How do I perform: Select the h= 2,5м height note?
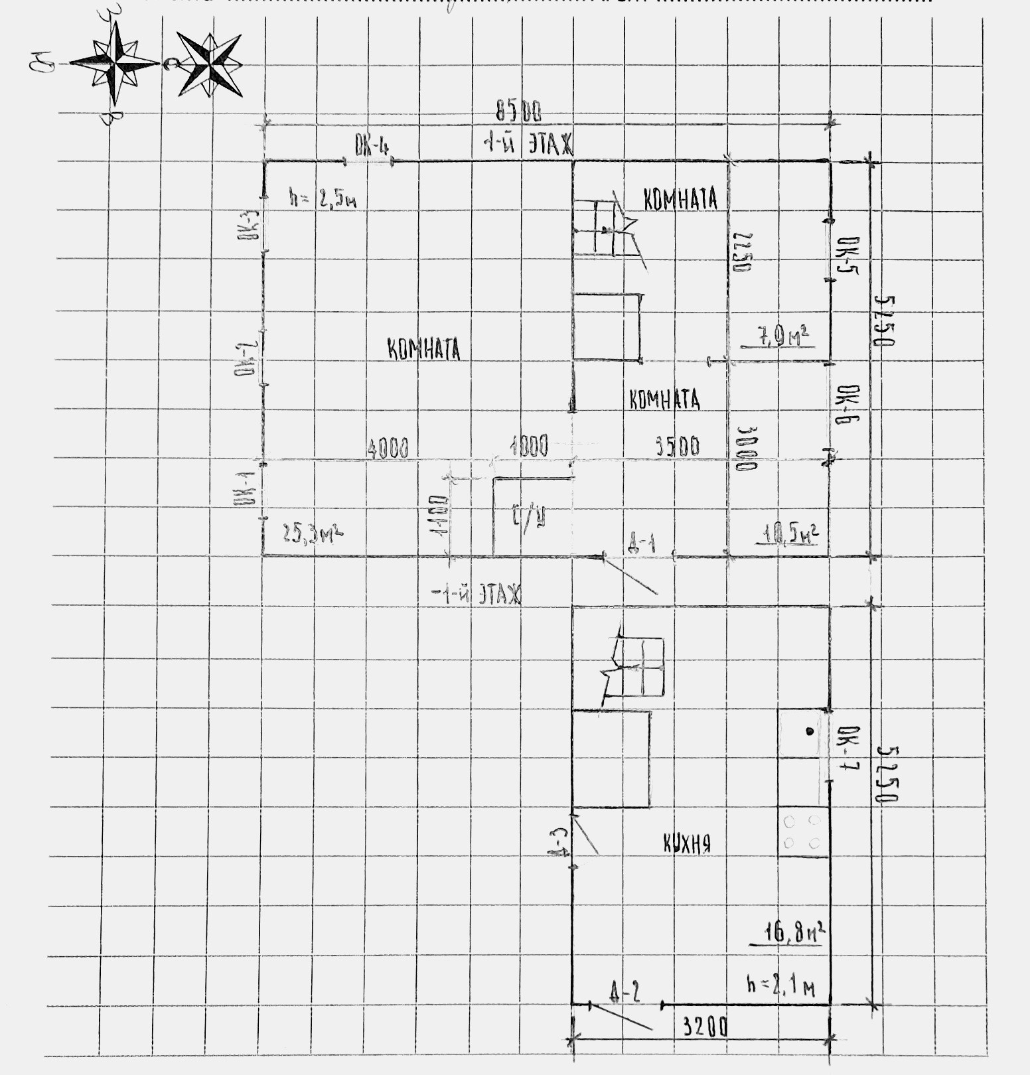[x=323, y=198]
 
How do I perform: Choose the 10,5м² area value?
[x=791, y=533]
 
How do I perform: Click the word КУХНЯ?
[x=688, y=844]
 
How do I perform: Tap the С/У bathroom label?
[x=529, y=516]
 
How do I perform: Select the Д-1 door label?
[x=642, y=544]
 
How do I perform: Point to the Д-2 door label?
[x=625, y=991]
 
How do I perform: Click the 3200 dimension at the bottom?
[x=705, y=1027]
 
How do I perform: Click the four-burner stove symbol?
[x=803, y=832]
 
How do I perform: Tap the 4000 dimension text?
[x=388, y=449]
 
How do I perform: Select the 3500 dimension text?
[x=678, y=446]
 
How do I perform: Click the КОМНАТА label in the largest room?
[x=424, y=349]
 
